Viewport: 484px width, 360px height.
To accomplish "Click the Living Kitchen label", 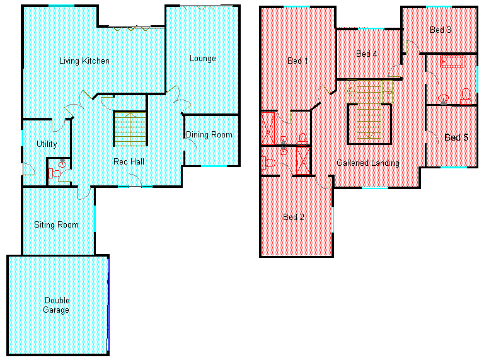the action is [x=84, y=61].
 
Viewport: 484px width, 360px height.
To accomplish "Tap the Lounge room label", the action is [x=203, y=59].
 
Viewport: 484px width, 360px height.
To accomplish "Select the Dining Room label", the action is [x=209, y=135].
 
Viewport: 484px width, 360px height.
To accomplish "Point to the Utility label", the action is [x=47, y=144].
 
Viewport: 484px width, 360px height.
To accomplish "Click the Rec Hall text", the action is [x=129, y=161].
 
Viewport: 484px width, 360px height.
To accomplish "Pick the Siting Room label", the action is [x=56, y=225].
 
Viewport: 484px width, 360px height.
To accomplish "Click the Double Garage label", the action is [x=57, y=305].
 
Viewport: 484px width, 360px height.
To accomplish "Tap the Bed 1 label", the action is [x=297, y=61].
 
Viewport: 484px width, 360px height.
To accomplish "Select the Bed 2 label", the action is [x=294, y=218].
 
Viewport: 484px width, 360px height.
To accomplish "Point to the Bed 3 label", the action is [x=441, y=30].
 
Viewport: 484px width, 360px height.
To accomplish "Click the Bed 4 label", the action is [x=367, y=54].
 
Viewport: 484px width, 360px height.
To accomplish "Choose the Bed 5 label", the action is [x=456, y=137].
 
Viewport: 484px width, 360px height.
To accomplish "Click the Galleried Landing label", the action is [x=368, y=163].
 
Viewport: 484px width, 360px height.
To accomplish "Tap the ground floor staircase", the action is [x=130, y=129].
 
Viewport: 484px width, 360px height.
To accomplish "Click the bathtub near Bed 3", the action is [x=452, y=61].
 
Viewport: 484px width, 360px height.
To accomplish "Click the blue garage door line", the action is [x=108, y=305].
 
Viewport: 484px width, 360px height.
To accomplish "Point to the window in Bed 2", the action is [x=333, y=219].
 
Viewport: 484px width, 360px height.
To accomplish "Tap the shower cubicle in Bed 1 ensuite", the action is [x=268, y=129].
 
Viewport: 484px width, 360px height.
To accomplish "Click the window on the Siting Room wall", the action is [x=95, y=219].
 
